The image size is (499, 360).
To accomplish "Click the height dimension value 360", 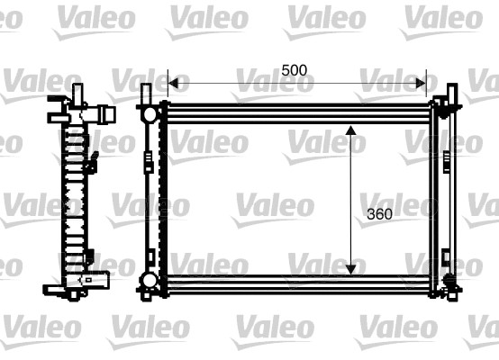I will pos(381,214).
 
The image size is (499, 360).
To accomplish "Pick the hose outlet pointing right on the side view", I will pos(107,115).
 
